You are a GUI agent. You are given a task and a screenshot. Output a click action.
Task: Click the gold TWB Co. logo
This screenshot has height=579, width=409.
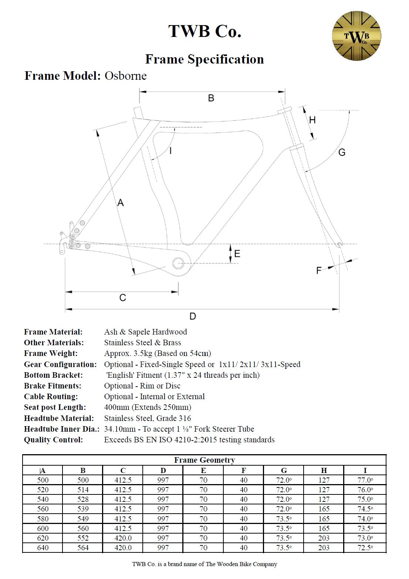click(x=356, y=36)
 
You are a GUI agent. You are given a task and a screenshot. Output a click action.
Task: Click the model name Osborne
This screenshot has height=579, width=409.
click(x=125, y=76)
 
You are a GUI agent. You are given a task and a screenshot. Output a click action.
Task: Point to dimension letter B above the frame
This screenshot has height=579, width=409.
click(x=211, y=98)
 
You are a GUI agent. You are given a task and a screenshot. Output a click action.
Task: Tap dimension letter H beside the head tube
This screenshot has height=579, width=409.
click(x=312, y=120)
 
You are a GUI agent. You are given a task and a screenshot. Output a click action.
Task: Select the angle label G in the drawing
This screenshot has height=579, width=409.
click(x=342, y=152)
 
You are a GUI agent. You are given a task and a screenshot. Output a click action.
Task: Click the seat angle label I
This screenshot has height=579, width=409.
click(x=170, y=150)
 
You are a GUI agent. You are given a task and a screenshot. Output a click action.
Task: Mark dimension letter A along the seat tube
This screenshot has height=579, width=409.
click(x=121, y=203)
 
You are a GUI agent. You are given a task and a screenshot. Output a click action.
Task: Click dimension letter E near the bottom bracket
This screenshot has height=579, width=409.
click(x=237, y=253)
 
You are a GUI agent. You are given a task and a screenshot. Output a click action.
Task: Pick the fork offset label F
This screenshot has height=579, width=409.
click(x=319, y=271)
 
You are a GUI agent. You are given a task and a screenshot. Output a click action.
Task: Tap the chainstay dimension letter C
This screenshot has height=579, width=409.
click(x=123, y=298)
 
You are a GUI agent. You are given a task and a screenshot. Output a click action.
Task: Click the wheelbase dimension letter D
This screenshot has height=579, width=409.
click(x=193, y=316)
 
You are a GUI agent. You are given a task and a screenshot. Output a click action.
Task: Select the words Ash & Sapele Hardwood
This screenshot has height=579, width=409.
click(x=145, y=332)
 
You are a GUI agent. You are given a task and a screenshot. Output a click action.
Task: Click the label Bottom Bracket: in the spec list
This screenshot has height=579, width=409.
click(x=53, y=375)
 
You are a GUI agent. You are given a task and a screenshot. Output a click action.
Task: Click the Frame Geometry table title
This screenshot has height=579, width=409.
click(x=204, y=460)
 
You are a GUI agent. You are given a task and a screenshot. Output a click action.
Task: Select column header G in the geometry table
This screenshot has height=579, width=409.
click(x=284, y=470)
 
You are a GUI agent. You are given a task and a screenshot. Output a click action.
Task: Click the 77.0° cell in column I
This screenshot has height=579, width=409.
click(x=365, y=480)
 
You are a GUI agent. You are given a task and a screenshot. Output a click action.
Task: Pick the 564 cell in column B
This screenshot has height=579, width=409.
click(x=83, y=548)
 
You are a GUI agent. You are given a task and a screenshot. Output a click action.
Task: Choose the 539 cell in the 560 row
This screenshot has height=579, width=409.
click(x=83, y=509)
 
